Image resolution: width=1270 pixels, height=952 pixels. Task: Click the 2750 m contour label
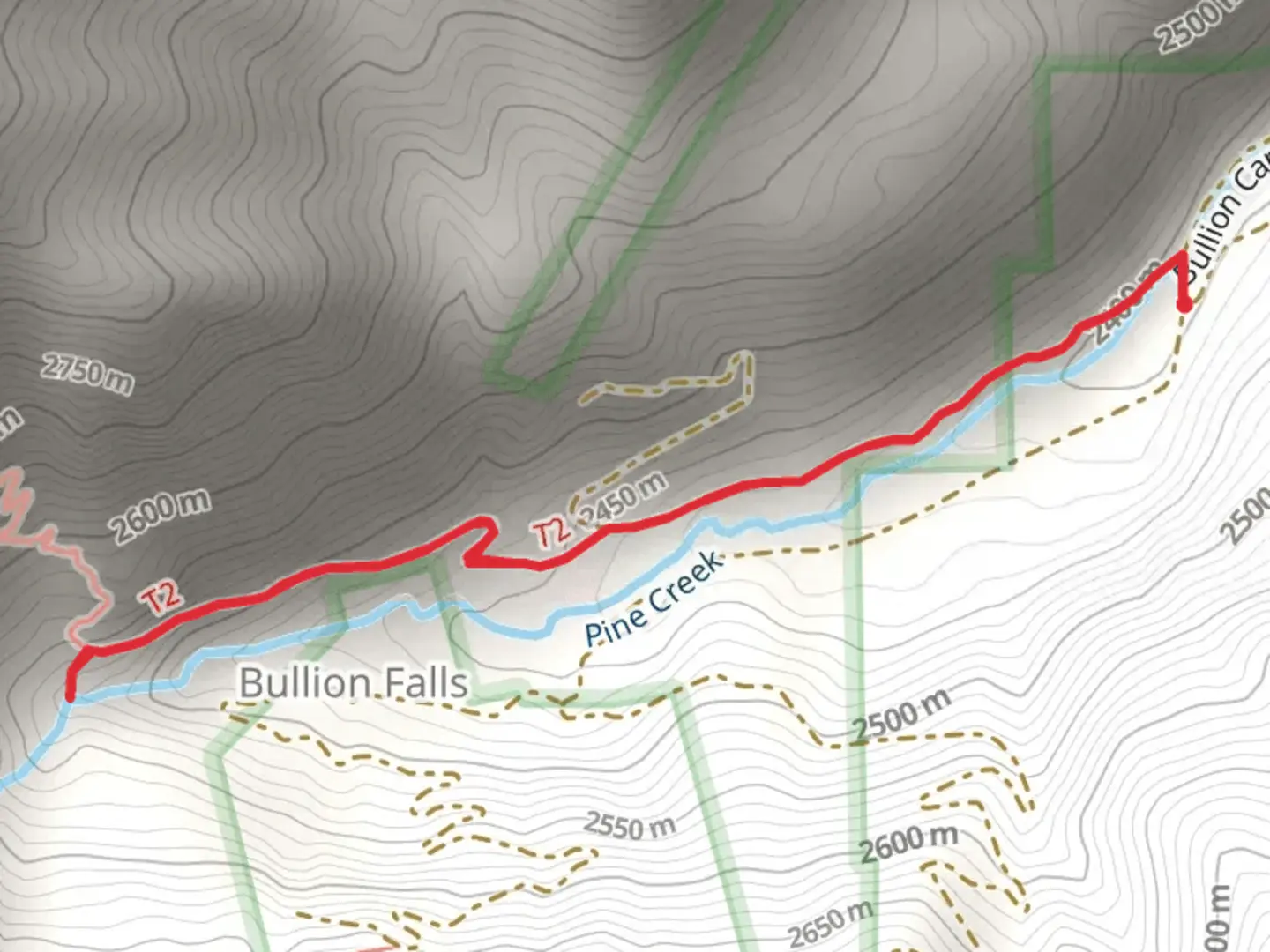[x=88, y=374]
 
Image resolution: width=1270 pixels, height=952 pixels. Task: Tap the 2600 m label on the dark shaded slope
[x=161, y=517]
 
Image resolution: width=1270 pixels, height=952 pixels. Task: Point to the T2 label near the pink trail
[x=162, y=599]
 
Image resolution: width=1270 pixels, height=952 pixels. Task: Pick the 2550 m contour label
[x=630, y=827]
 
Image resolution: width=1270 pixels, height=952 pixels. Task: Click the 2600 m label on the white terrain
[x=908, y=844]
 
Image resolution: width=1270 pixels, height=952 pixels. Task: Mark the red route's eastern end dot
[x=1185, y=306]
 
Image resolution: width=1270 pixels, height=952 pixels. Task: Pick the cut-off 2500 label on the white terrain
[x=1247, y=516]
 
